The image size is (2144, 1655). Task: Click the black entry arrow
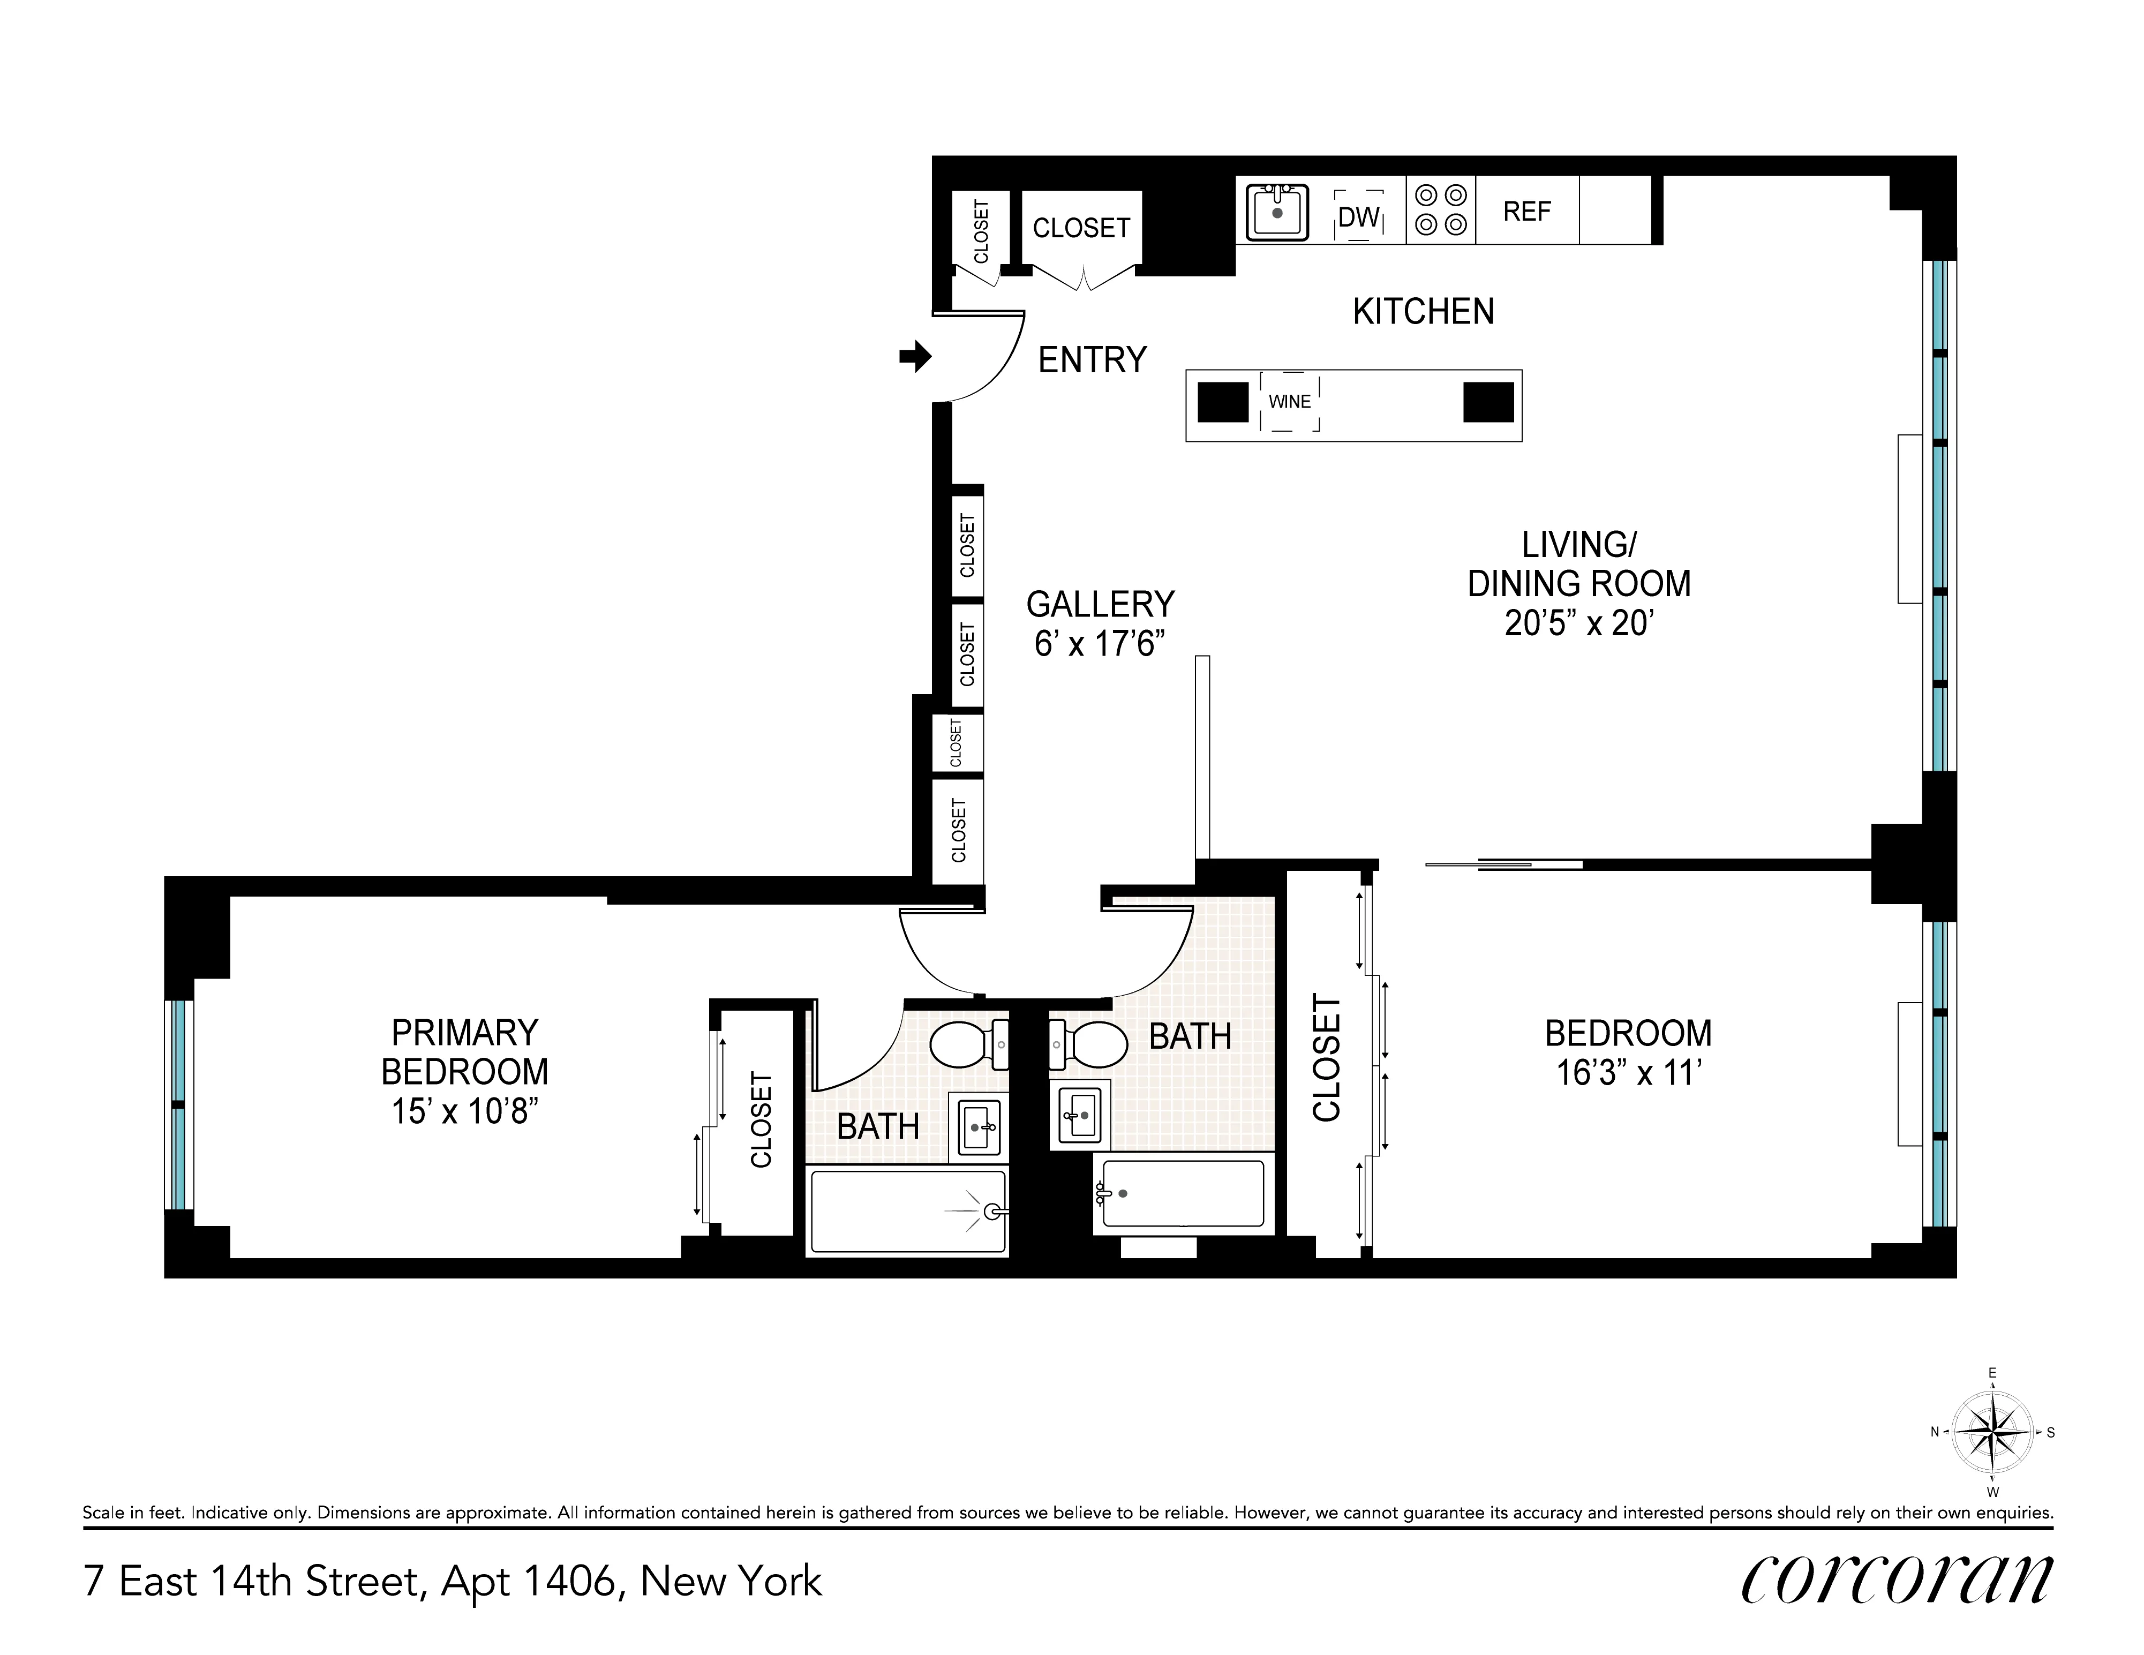click(x=915, y=357)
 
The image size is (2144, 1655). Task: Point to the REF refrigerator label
click(x=1526, y=211)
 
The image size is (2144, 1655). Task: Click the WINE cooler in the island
click(x=1289, y=402)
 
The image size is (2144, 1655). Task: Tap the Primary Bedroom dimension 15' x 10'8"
click(x=464, y=1111)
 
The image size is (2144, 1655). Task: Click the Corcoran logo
click(x=1895, y=1579)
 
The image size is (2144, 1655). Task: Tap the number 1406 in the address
click(x=569, y=1582)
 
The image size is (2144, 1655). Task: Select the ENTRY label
click(x=1092, y=360)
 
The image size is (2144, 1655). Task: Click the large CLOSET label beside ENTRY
click(x=1081, y=228)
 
